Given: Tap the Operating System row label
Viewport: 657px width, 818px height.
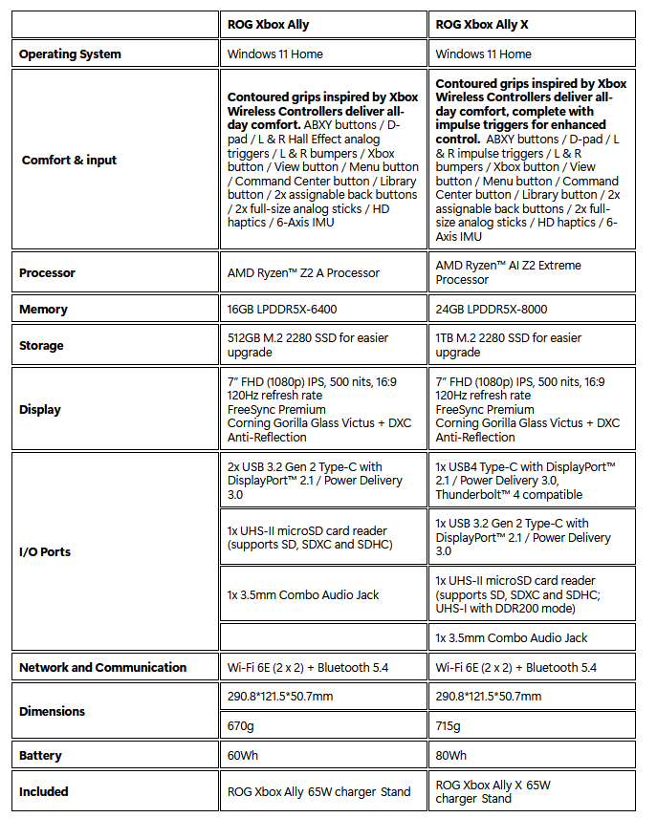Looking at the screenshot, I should tap(70, 54).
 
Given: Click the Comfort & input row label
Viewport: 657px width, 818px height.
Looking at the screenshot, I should tap(69, 160).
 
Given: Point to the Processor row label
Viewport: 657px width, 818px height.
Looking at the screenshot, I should tap(48, 273).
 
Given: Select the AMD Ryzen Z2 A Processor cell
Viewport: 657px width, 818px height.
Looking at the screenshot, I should tap(303, 273).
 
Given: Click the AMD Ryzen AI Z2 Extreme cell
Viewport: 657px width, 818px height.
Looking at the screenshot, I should tap(508, 272).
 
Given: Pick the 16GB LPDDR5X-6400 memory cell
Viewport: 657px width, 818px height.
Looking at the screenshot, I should tap(281, 310).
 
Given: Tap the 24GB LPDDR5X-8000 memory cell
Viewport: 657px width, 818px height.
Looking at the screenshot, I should tap(492, 310).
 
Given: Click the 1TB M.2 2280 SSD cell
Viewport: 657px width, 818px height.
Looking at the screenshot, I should tap(508, 345).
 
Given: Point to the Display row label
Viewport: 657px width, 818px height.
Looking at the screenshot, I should tap(40, 409).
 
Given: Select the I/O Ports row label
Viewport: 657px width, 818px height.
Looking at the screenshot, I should tap(45, 551).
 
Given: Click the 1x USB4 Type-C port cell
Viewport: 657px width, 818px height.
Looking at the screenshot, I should tap(525, 480).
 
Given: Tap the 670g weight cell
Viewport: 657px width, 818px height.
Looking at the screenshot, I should tap(242, 726).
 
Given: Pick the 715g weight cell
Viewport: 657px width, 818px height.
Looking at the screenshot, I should tap(448, 726).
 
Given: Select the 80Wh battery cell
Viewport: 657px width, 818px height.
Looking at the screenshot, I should tap(451, 756).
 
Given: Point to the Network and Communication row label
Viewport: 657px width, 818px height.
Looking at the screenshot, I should tap(102, 667).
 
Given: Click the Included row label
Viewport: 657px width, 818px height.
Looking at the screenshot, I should tap(44, 791).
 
